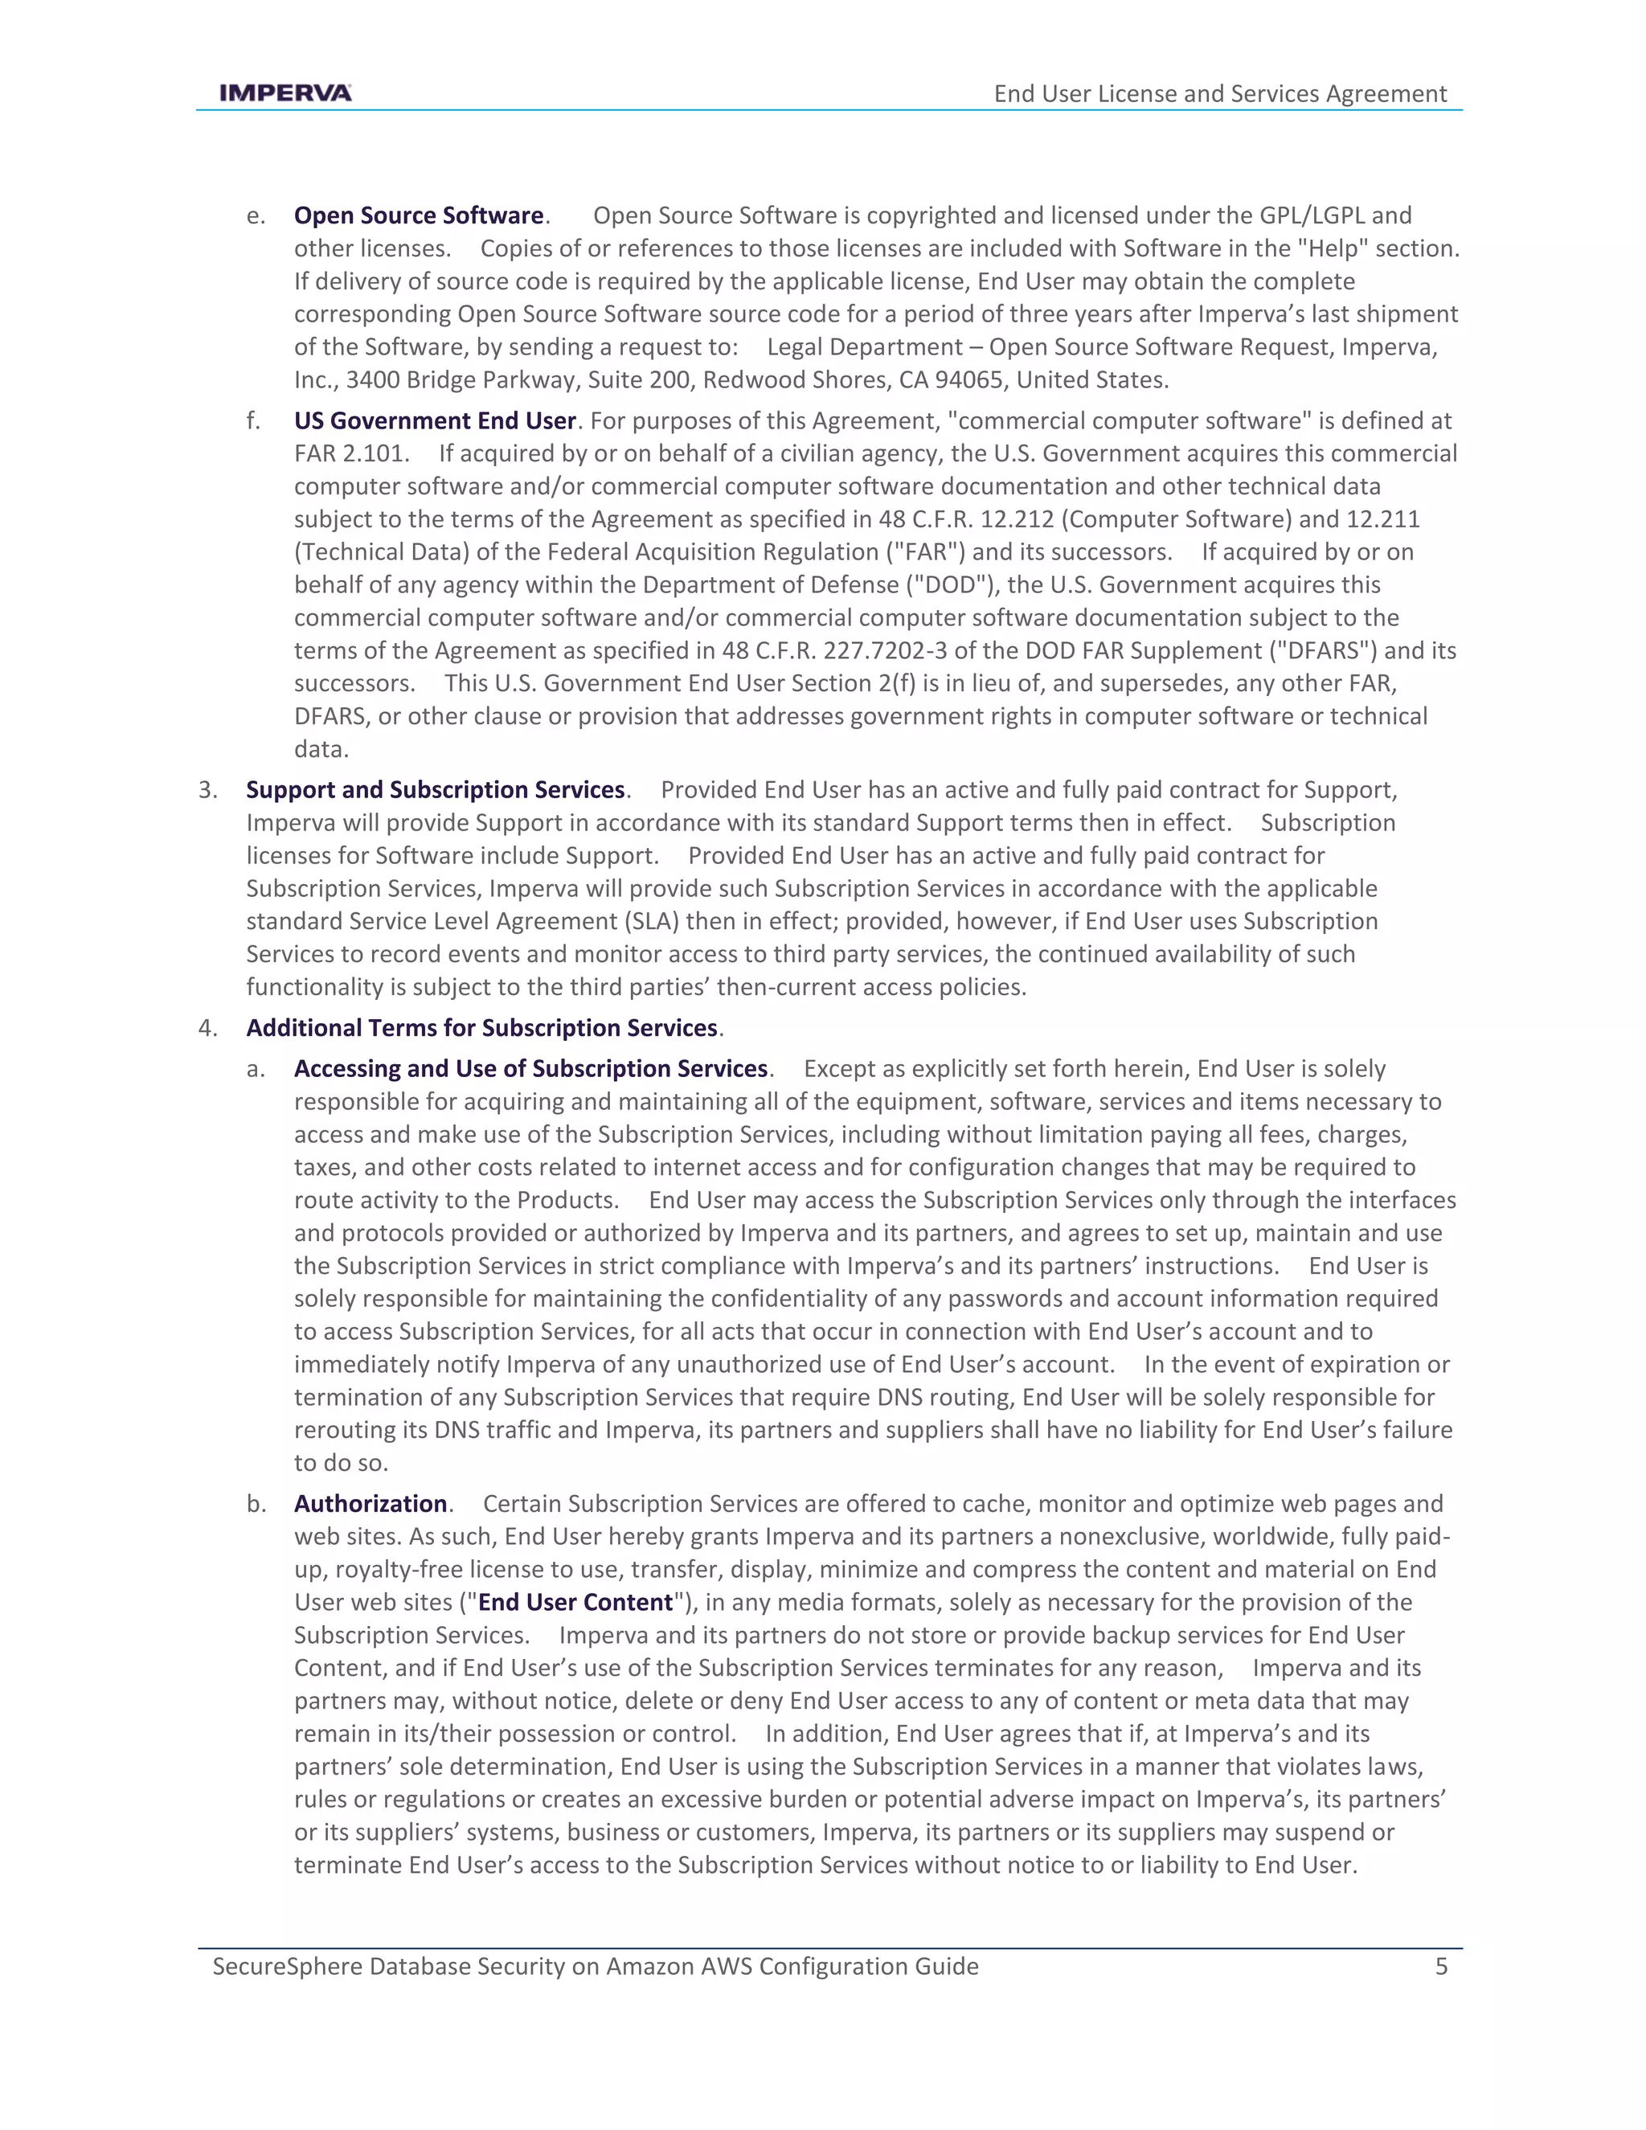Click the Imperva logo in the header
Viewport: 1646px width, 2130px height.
coord(285,92)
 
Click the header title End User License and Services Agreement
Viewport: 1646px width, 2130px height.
coord(1220,93)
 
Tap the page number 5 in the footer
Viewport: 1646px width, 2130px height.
coord(1441,1966)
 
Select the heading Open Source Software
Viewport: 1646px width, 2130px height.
coord(418,215)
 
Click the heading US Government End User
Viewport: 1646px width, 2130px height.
coord(435,420)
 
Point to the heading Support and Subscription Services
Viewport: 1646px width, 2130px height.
coord(435,790)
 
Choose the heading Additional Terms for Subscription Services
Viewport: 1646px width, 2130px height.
coord(481,1028)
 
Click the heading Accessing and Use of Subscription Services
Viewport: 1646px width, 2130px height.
coord(530,1069)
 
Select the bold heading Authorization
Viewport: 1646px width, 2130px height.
coord(371,1504)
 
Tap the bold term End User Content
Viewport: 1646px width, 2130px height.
coord(575,1603)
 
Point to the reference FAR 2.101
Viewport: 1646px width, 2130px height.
coord(352,453)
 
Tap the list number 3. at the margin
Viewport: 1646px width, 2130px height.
coord(207,790)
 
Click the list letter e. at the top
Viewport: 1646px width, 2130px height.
coord(256,215)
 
